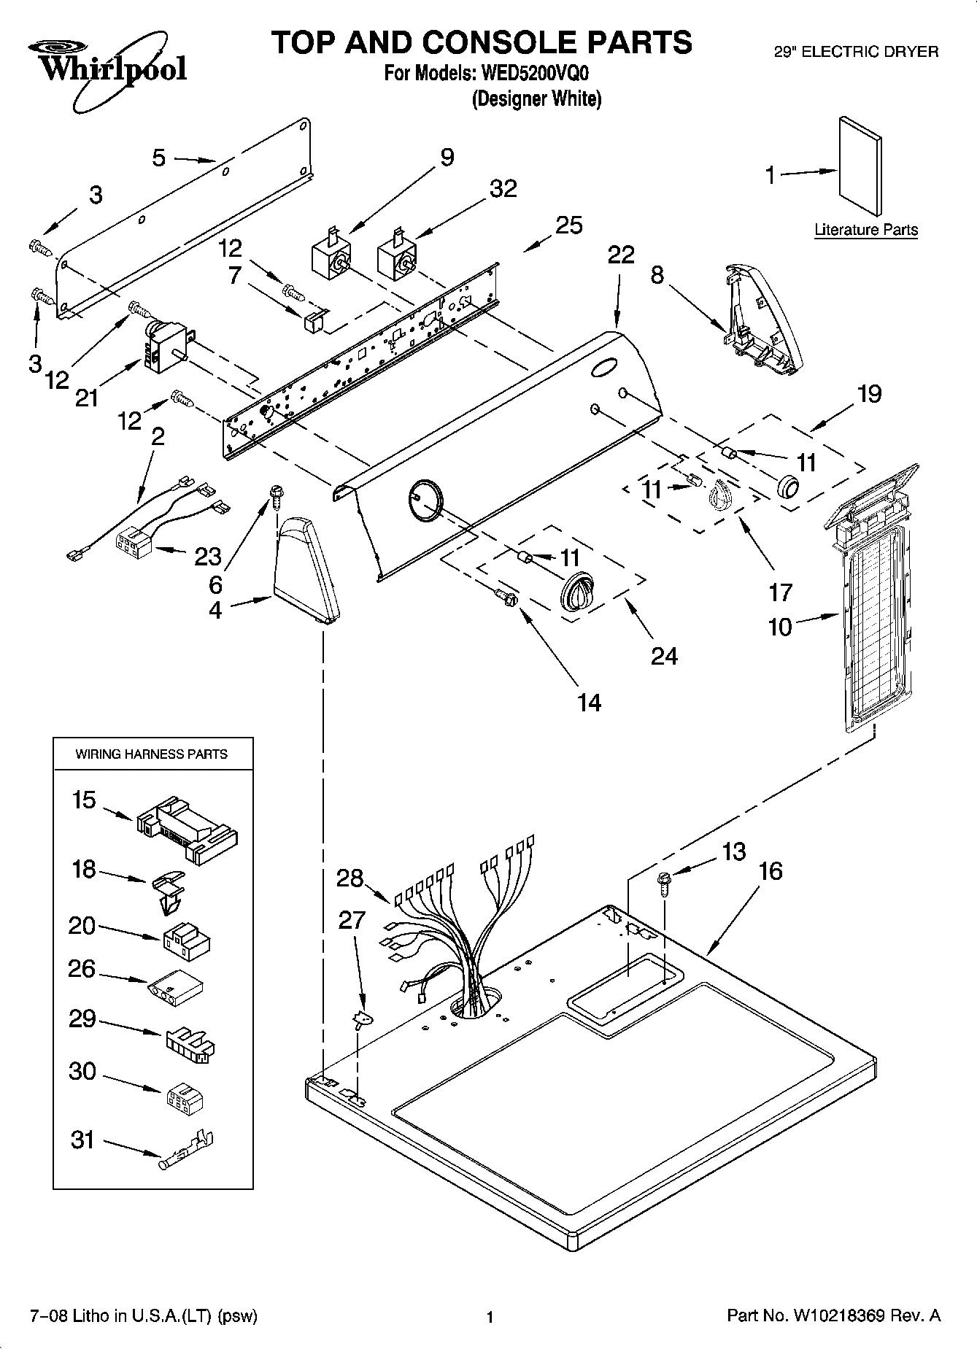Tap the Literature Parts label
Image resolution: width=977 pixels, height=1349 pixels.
(x=865, y=230)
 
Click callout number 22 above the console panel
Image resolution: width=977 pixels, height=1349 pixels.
(x=621, y=255)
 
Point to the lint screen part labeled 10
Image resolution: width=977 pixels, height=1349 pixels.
(x=872, y=606)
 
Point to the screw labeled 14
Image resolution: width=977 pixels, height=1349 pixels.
(x=509, y=598)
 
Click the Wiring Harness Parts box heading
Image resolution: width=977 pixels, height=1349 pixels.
(x=152, y=754)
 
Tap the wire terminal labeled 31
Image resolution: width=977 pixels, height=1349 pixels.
(x=187, y=1151)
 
